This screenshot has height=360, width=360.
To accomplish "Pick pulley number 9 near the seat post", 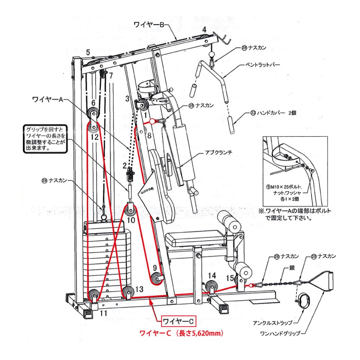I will coord(157,278).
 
